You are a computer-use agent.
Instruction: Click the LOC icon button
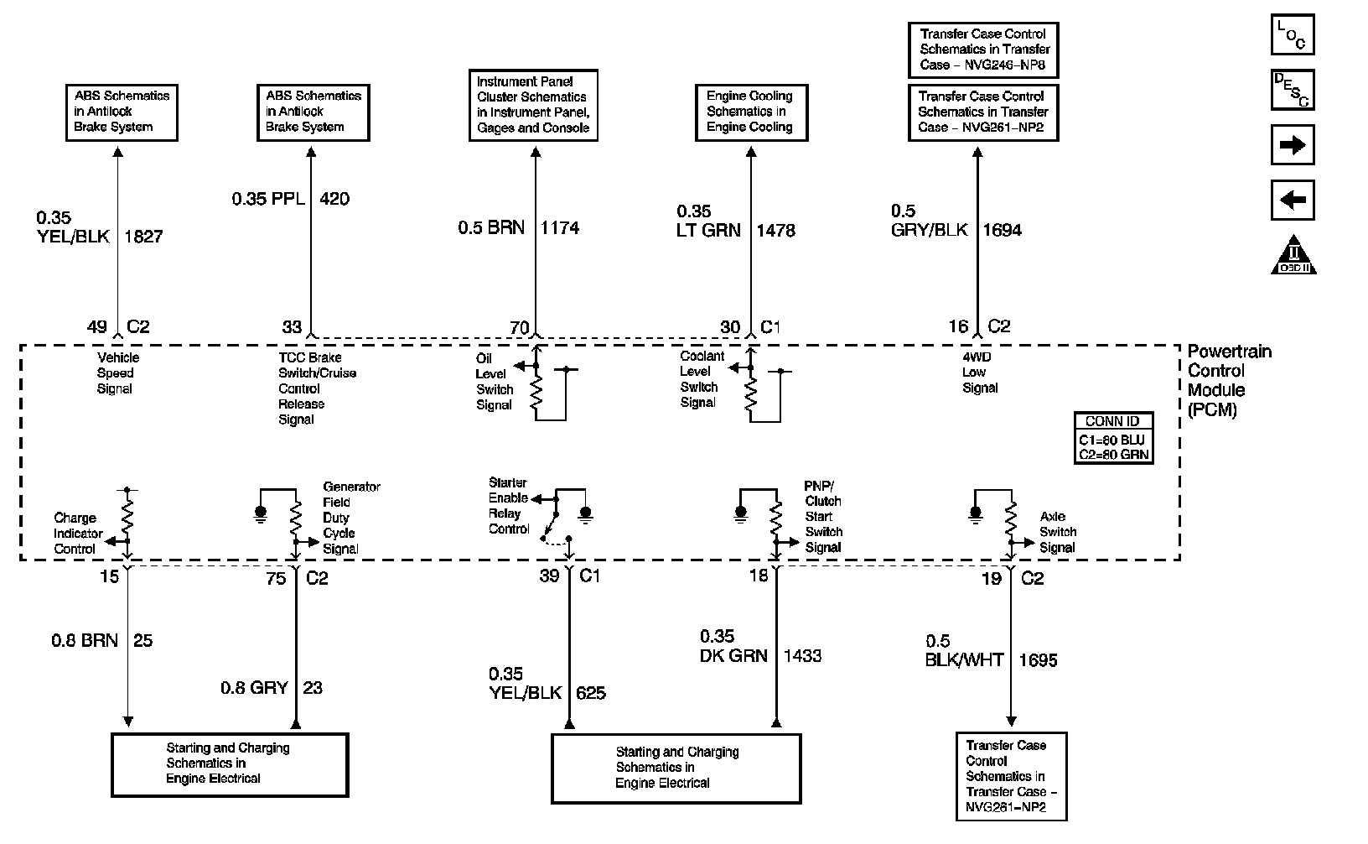coord(1292,34)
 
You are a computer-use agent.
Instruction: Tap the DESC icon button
coord(1292,89)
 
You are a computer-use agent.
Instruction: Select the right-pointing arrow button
coord(1292,145)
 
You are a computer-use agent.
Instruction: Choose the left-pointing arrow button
coord(1292,201)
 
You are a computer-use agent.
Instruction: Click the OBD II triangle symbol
coord(1293,255)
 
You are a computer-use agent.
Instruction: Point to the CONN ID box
coord(1113,438)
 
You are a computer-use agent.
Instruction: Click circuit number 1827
coord(143,237)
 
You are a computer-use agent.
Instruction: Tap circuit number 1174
coord(560,227)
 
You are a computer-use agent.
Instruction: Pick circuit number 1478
coord(775,230)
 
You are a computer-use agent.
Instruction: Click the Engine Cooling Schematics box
coord(749,112)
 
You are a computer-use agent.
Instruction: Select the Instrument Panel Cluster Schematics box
coord(533,105)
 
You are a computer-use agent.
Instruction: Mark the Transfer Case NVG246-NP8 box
coord(983,49)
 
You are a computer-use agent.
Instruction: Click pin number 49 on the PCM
coord(96,327)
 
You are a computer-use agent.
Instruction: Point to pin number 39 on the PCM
coord(549,577)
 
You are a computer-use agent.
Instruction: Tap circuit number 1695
coord(1038,660)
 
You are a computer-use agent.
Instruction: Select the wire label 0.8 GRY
coord(254,688)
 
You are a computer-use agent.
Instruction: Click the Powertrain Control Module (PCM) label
coord(1228,381)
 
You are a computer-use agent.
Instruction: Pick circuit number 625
coord(591,693)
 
